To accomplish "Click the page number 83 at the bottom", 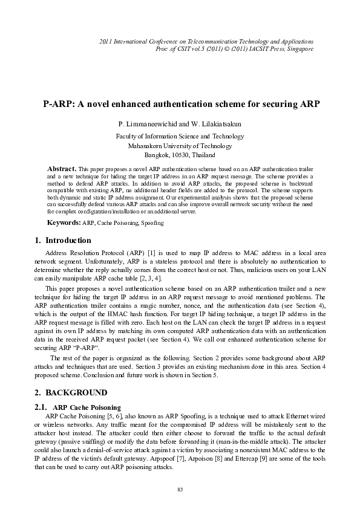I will [x=180, y=488].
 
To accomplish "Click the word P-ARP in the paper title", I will [x=58, y=103].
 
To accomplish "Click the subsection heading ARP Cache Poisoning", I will [x=87, y=391].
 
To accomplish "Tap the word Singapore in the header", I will [x=299, y=48].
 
